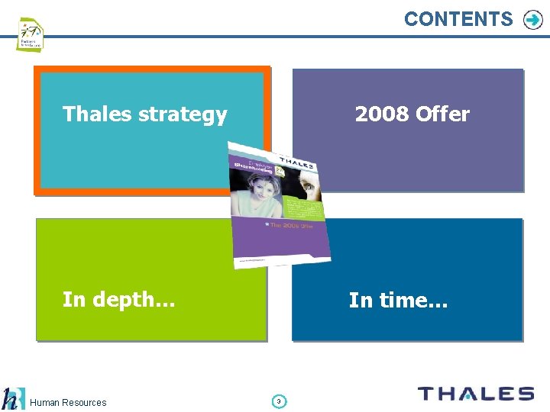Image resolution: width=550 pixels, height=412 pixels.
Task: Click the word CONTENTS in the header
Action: click(x=458, y=19)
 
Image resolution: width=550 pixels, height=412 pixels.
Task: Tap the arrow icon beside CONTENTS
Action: click(x=532, y=20)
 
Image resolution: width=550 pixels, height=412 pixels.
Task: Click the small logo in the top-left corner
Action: click(x=30, y=34)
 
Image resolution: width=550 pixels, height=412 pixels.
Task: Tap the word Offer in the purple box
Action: click(x=442, y=114)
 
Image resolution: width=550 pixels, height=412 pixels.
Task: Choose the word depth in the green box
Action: click(x=130, y=299)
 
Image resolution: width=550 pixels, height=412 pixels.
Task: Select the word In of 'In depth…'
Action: click(x=73, y=299)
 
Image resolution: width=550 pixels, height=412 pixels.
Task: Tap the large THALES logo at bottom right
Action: click(x=475, y=394)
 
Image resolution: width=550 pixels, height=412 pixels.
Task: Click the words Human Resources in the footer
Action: click(x=69, y=402)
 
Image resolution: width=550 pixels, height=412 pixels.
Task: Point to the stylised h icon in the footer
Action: click(x=11, y=399)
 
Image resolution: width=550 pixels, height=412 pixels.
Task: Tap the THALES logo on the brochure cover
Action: click(x=297, y=163)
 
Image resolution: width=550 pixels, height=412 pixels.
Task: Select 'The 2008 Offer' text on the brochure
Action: click(x=291, y=226)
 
